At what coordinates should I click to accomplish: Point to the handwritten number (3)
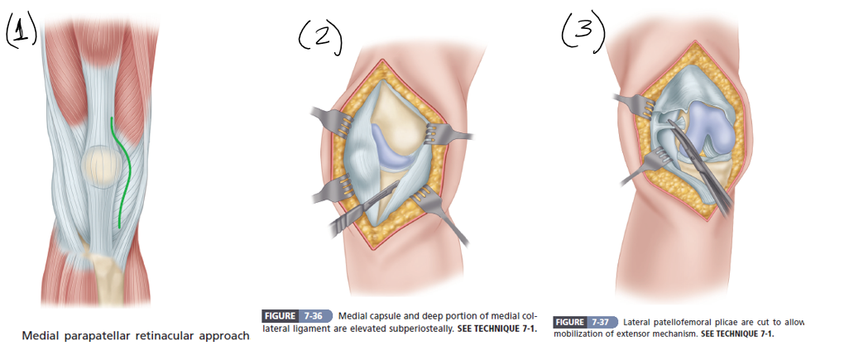pyautogui.click(x=583, y=31)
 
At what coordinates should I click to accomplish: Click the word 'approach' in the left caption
pyautogui.click(x=224, y=335)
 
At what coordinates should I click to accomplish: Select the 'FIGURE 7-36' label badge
pyautogui.click(x=295, y=316)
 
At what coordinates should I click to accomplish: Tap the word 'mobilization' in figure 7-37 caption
pyautogui.click(x=583, y=334)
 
